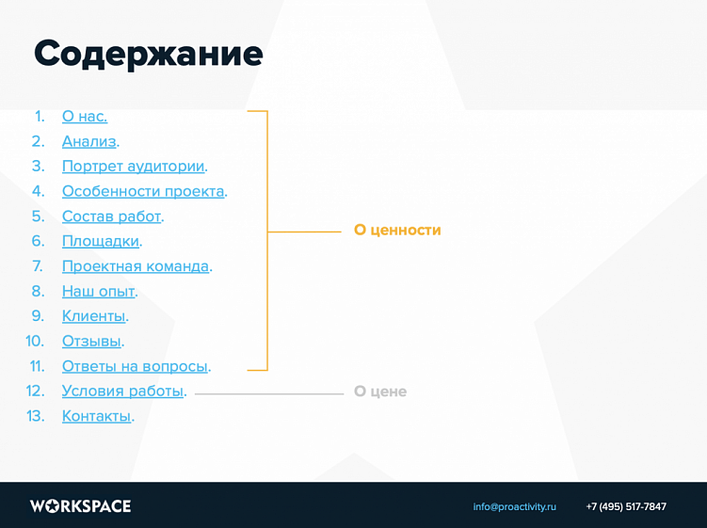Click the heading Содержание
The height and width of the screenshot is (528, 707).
pos(148,55)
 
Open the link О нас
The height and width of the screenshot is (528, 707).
pos(84,117)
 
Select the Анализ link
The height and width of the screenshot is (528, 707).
pos(89,141)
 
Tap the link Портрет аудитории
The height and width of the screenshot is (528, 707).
pos(133,167)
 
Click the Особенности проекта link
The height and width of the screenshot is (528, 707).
pos(143,191)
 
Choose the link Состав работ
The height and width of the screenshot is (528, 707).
pos(111,216)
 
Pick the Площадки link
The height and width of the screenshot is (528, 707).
pos(100,241)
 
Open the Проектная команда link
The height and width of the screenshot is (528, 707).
pos(135,266)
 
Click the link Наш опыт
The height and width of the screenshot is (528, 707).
pos(98,291)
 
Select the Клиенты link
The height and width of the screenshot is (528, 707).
pos(93,316)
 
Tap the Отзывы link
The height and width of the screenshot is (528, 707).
pos(91,341)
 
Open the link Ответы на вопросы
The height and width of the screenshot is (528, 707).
pos(134,366)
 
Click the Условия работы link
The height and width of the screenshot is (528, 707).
pos(122,391)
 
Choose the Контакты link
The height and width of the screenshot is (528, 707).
pos(96,416)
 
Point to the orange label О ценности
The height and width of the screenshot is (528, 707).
pos(397,230)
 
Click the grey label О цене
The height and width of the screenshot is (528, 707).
pos(380,392)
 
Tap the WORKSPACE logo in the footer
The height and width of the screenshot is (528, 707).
pos(80,506)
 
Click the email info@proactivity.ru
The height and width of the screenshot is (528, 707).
pos(514,506)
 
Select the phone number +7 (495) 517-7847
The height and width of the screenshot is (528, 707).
pos(626,506)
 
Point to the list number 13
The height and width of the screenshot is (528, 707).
pos(36,416)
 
